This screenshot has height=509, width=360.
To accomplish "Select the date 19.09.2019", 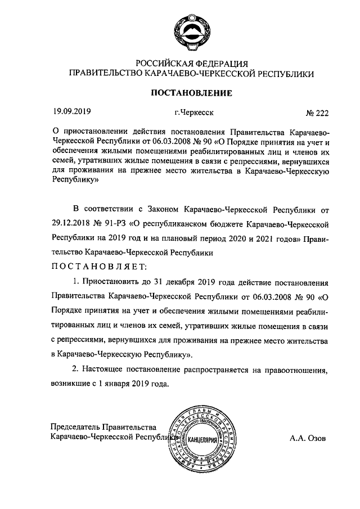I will pyautogui.click(x=71, y=111).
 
